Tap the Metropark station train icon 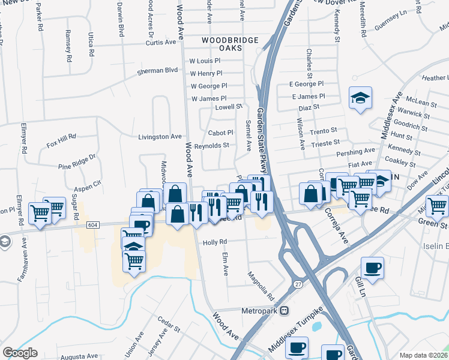coord(285,311)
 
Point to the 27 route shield coord(298,285)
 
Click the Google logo coord(20,353)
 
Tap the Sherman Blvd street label coord(158,70)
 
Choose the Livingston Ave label coord(160,137)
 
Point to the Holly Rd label coord(214,242)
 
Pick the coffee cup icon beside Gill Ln coord(372,267)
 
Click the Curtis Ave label coord(164,42)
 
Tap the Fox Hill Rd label coord(61,141)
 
